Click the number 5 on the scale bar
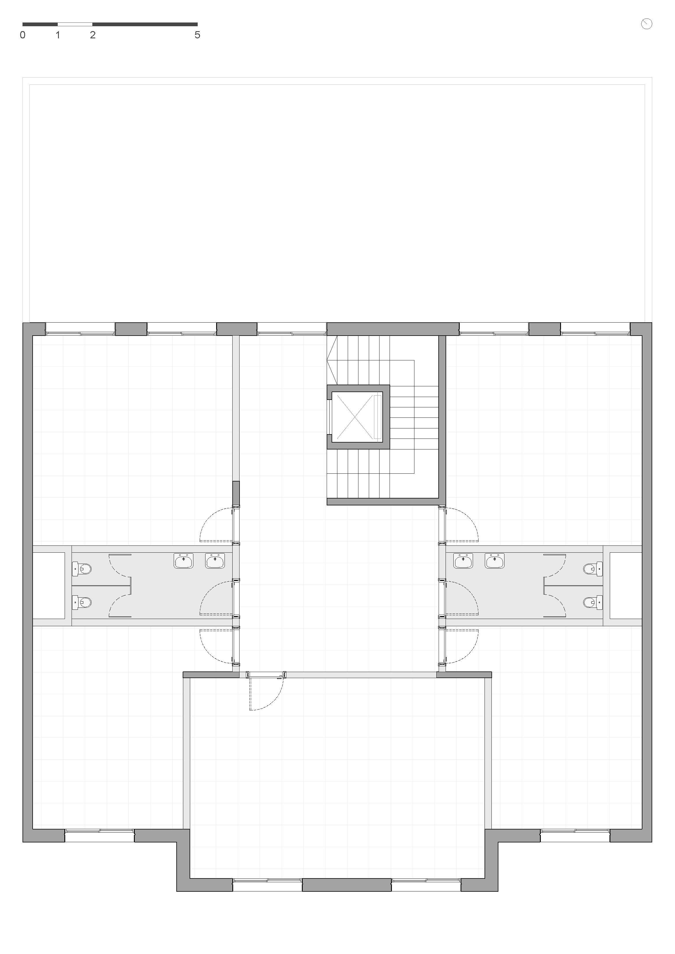pyautogui.click(x=198, y=35)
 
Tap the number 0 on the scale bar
pyautogui.click(x=23, y=35)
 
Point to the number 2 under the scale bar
pyautogui.click(x=93, y=35)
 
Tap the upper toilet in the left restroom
pyautogui.click(x=82, y=568)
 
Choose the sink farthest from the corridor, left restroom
pyautogui.click(x=183, y=561)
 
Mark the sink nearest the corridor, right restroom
pyautogui.click(x=463, y=561)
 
